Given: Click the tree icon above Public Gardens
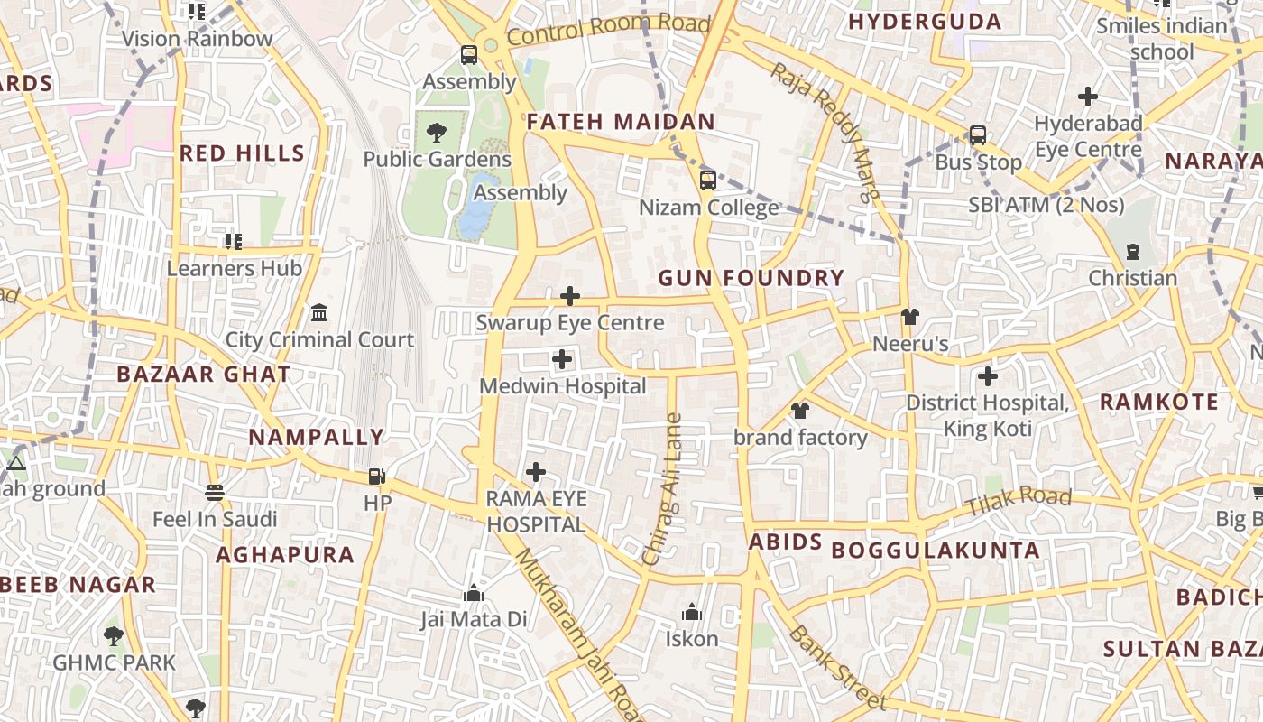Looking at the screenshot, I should [x=437, y=133].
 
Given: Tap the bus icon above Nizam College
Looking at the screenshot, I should [x=708, y=180].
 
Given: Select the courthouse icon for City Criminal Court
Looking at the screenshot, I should [x=319, y=312].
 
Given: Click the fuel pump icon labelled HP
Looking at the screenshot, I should [x=377, y=476].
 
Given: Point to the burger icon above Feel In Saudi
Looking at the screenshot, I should [x=215, y=493].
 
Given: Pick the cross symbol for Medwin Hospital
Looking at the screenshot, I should [x=562, y=360].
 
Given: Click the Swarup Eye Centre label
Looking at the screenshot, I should [x=569, y=322].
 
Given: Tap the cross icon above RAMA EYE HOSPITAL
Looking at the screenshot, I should [x=536, y=472].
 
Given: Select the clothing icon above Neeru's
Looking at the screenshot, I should [x=909, y=317].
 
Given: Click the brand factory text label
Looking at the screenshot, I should [x=800, y=438].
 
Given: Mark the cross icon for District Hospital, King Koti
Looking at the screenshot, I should [x=988, y=375].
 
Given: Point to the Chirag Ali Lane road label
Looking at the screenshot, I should [x=663, y=489].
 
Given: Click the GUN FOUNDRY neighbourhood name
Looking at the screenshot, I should [x=751, y=278].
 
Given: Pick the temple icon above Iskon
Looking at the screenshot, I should [x=692, y=613].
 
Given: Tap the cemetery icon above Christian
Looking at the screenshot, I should [x=1133, y=252].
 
